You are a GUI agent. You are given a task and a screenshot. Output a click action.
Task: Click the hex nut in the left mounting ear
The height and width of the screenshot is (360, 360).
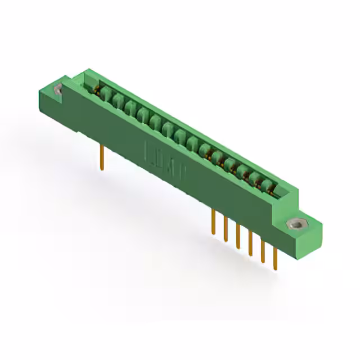[x=57, y=89]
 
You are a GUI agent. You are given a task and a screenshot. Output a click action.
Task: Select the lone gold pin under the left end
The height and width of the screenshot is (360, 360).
[x=101, y=156]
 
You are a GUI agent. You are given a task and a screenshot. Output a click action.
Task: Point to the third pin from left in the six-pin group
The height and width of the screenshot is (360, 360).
[x=238, y=236]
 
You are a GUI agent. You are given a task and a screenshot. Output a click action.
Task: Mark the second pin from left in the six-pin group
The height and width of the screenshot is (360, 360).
[x=226, y=229]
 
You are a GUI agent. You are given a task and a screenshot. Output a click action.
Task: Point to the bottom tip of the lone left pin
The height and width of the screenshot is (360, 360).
[x=101, y=168]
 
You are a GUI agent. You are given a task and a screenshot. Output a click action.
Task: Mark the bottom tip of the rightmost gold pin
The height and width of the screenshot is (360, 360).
[x=276, y=269]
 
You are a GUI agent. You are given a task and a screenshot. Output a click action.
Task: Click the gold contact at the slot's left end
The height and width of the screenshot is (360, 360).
[x=97, y=91]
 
